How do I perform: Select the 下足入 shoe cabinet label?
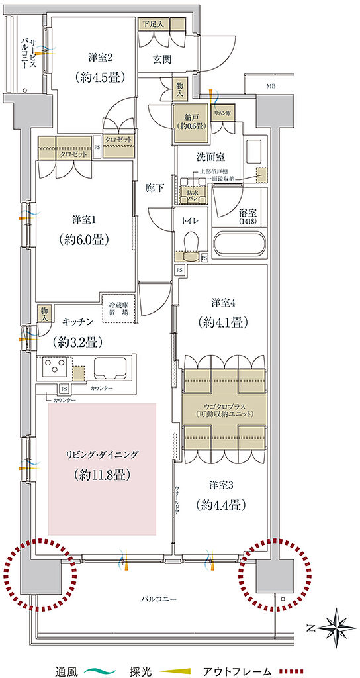(154, 23)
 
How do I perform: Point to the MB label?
(271, 86)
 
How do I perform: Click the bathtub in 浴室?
(240, 245)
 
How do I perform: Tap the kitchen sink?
(113, 367)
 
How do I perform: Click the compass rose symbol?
(337, 624)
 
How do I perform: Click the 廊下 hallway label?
(154, 187)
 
